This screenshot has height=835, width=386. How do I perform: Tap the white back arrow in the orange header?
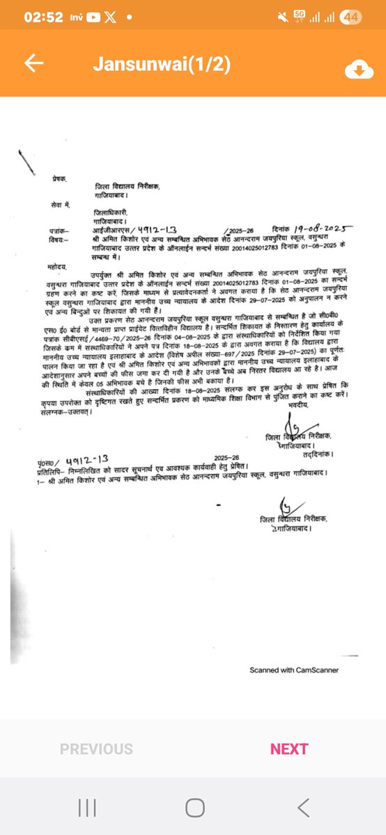(x=33, y=63)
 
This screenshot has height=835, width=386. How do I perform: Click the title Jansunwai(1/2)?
(x=162, y=65)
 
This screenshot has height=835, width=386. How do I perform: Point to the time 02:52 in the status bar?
(x=43, y=17)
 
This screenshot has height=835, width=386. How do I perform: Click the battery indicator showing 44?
(x=350, y=16)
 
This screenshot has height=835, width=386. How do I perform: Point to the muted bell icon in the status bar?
(x=282, y=16)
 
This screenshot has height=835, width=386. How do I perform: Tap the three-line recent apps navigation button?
(x=87, y=807)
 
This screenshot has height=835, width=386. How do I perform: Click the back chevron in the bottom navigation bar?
(x=302, y=807)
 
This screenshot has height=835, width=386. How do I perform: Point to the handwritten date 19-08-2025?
(x=323, y=227)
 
